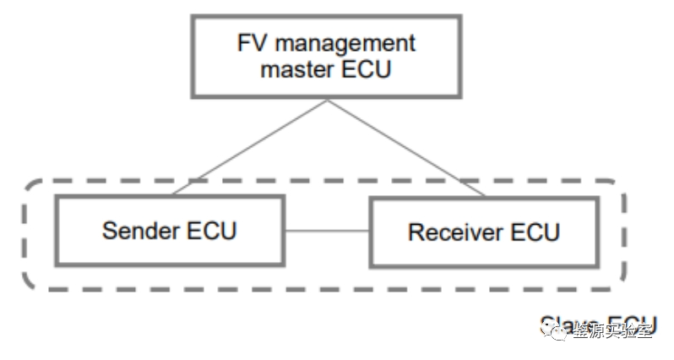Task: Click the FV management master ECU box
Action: pyautogui.click(x=325, y=55)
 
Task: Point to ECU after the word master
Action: pyautogui.click(x=365, y=69)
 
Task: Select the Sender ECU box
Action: pyautogui.click(x=170, y=230)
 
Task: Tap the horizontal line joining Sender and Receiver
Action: pyautogui.click(x=328, y=230)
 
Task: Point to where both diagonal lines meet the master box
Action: pyautogui.click(x=326, y=101)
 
